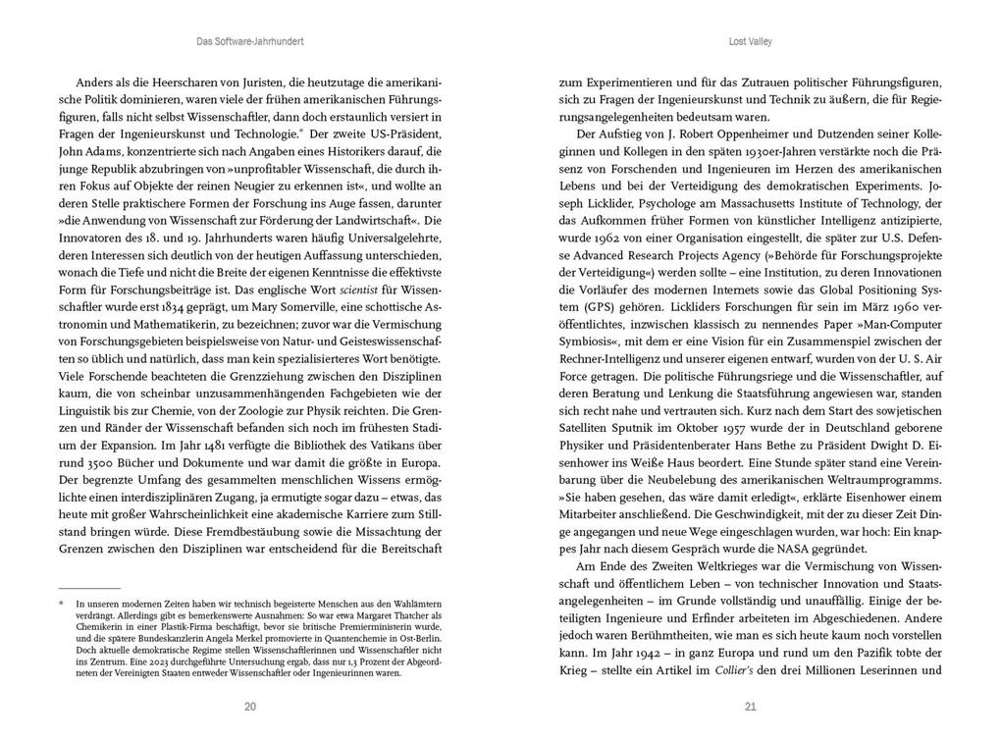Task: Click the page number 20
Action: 250,706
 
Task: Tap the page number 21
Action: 751,706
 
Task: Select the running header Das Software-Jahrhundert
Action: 250,42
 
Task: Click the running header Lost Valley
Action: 751,42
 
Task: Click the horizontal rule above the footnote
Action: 89,587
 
